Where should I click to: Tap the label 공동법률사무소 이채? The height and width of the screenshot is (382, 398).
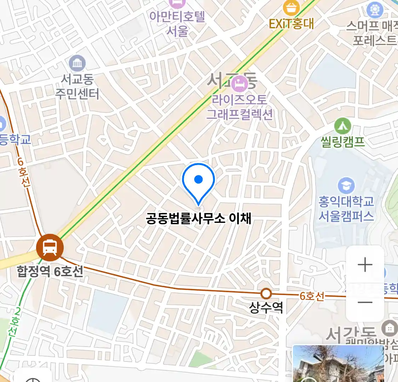[x=198, y=218]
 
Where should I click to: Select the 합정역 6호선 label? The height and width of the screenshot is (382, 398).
[x=50, y=272]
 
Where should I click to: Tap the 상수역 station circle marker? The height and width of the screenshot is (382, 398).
[x=266, y=294]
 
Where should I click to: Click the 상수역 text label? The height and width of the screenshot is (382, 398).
[x=266, y=307]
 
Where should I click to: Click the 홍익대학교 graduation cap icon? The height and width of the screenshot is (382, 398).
[x=346, y=185]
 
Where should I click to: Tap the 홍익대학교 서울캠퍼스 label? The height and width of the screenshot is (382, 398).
[x=346, y=209]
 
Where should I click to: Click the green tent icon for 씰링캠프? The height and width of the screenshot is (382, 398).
[x=342, y=126]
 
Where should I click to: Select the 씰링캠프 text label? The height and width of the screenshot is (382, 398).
[x=342, y=142]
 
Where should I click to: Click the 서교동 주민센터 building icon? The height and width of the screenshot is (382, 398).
[x=77, y=63]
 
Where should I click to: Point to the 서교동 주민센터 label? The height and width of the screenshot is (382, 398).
[x=77, y=87]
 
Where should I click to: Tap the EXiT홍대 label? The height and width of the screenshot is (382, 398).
[x=291, y=24]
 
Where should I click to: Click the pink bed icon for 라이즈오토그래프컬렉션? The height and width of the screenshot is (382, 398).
[x=240, y=84]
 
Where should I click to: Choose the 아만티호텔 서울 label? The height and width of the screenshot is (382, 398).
[x=177, y=24]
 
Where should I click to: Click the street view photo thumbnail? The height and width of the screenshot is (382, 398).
[x=338, y=364]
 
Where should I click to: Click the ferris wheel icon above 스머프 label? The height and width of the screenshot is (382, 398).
[x=375, y=10]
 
